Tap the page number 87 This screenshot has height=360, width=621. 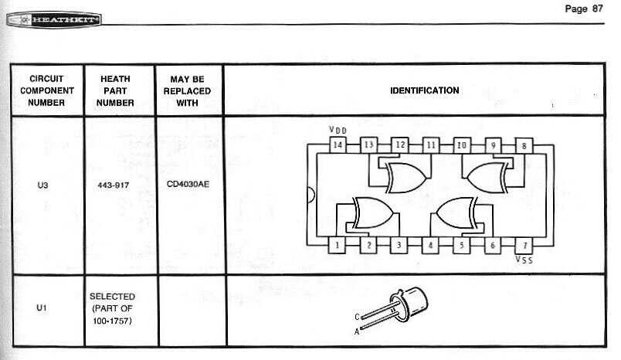coord(584,8)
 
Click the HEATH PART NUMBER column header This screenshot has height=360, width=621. coord(116,90)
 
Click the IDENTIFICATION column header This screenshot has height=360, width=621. coord(424,90)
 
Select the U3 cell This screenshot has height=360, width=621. coord(43,186)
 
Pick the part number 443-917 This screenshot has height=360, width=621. coord(114,186)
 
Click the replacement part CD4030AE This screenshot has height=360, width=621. coord(187,186)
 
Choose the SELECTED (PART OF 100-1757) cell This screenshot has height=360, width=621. coord(113,307)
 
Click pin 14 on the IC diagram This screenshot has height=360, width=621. coord(338,144)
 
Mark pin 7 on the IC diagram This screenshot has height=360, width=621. coord(524,245)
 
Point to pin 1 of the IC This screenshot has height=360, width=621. coord(338,245)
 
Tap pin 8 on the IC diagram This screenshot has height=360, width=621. coord(524,144)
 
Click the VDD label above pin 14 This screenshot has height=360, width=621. coord(338,130)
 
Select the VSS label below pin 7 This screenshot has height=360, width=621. coord(524,260)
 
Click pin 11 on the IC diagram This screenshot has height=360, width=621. coord(431,144)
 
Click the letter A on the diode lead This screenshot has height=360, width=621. coord(357,330)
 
